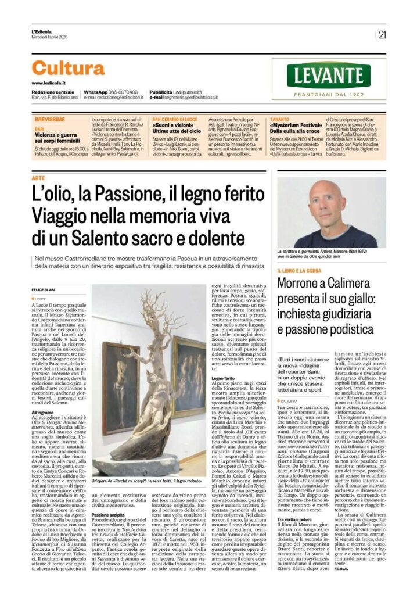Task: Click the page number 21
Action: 382,35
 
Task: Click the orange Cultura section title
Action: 68,69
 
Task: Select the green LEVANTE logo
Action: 337,76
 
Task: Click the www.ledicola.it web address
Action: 47,83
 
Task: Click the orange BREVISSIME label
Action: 49,119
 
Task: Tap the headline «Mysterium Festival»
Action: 295,125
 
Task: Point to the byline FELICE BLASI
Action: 43,289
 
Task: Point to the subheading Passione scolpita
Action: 108,515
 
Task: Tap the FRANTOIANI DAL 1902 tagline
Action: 337,92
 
